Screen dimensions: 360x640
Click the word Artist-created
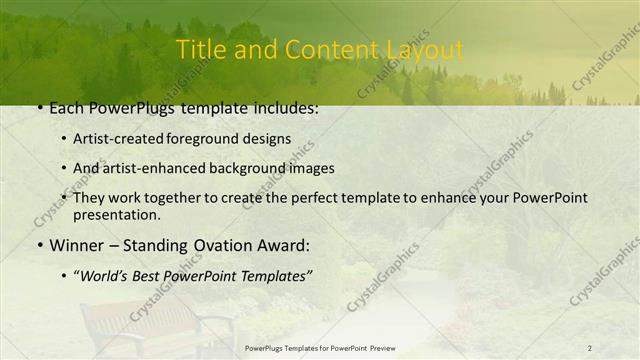pyautogui.click(x=118, y=139)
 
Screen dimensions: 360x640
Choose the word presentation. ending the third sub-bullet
pyautogui.click(x=116, y=215)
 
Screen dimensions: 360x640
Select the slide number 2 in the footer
pyautogui.click(x=590, y=348)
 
